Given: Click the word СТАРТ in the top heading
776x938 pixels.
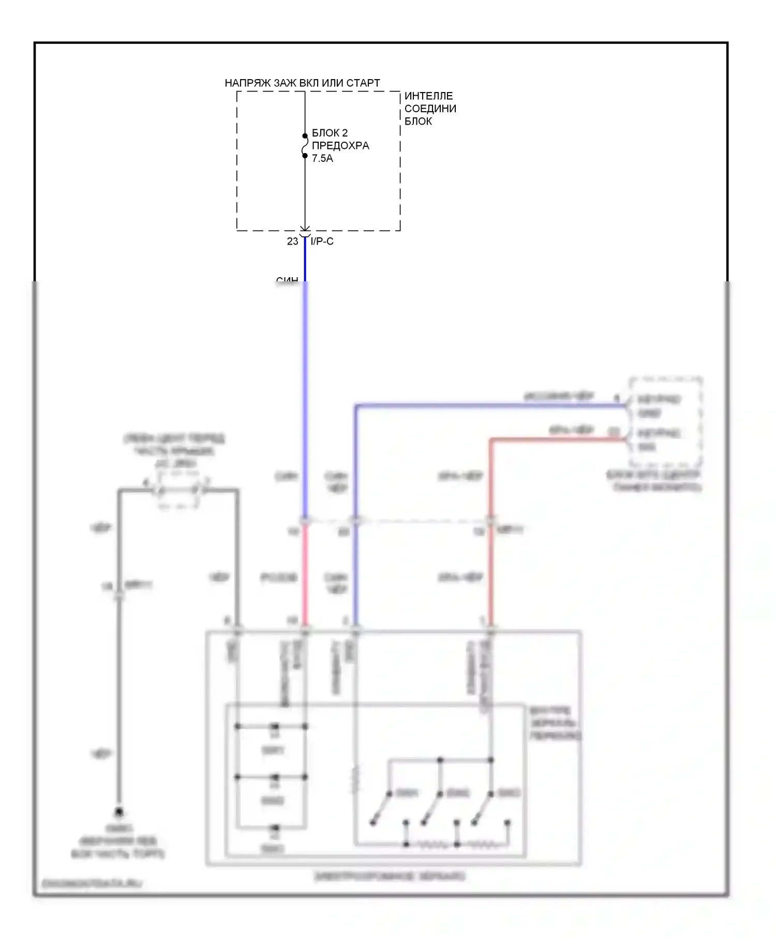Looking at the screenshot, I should coord(363,83).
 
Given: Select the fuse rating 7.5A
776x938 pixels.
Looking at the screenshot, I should coord(322,158).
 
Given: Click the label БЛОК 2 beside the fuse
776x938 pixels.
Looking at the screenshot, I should coord(330,133).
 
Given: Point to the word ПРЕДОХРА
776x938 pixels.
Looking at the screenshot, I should coord(340,146).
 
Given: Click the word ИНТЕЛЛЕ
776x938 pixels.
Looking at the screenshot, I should coord(428,96).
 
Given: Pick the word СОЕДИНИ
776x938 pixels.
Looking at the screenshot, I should coord(430,109).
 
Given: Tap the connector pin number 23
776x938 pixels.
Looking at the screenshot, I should coord(293,241).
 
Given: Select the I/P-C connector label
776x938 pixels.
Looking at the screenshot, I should coord(322,241).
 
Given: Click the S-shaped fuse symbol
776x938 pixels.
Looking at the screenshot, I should coord(305,146).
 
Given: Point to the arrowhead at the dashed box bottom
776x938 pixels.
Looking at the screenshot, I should coord(305,229).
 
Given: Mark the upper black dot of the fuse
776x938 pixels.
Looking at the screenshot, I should coord(305,136).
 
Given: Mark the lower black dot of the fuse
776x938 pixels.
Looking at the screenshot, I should coord(305,156).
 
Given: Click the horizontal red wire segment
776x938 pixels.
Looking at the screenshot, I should coord(556,440).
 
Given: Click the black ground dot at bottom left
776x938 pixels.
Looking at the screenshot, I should coord(119,812).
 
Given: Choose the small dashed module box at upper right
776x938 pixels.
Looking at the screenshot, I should coord(665,422).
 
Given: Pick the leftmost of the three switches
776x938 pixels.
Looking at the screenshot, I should coord(381,807).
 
